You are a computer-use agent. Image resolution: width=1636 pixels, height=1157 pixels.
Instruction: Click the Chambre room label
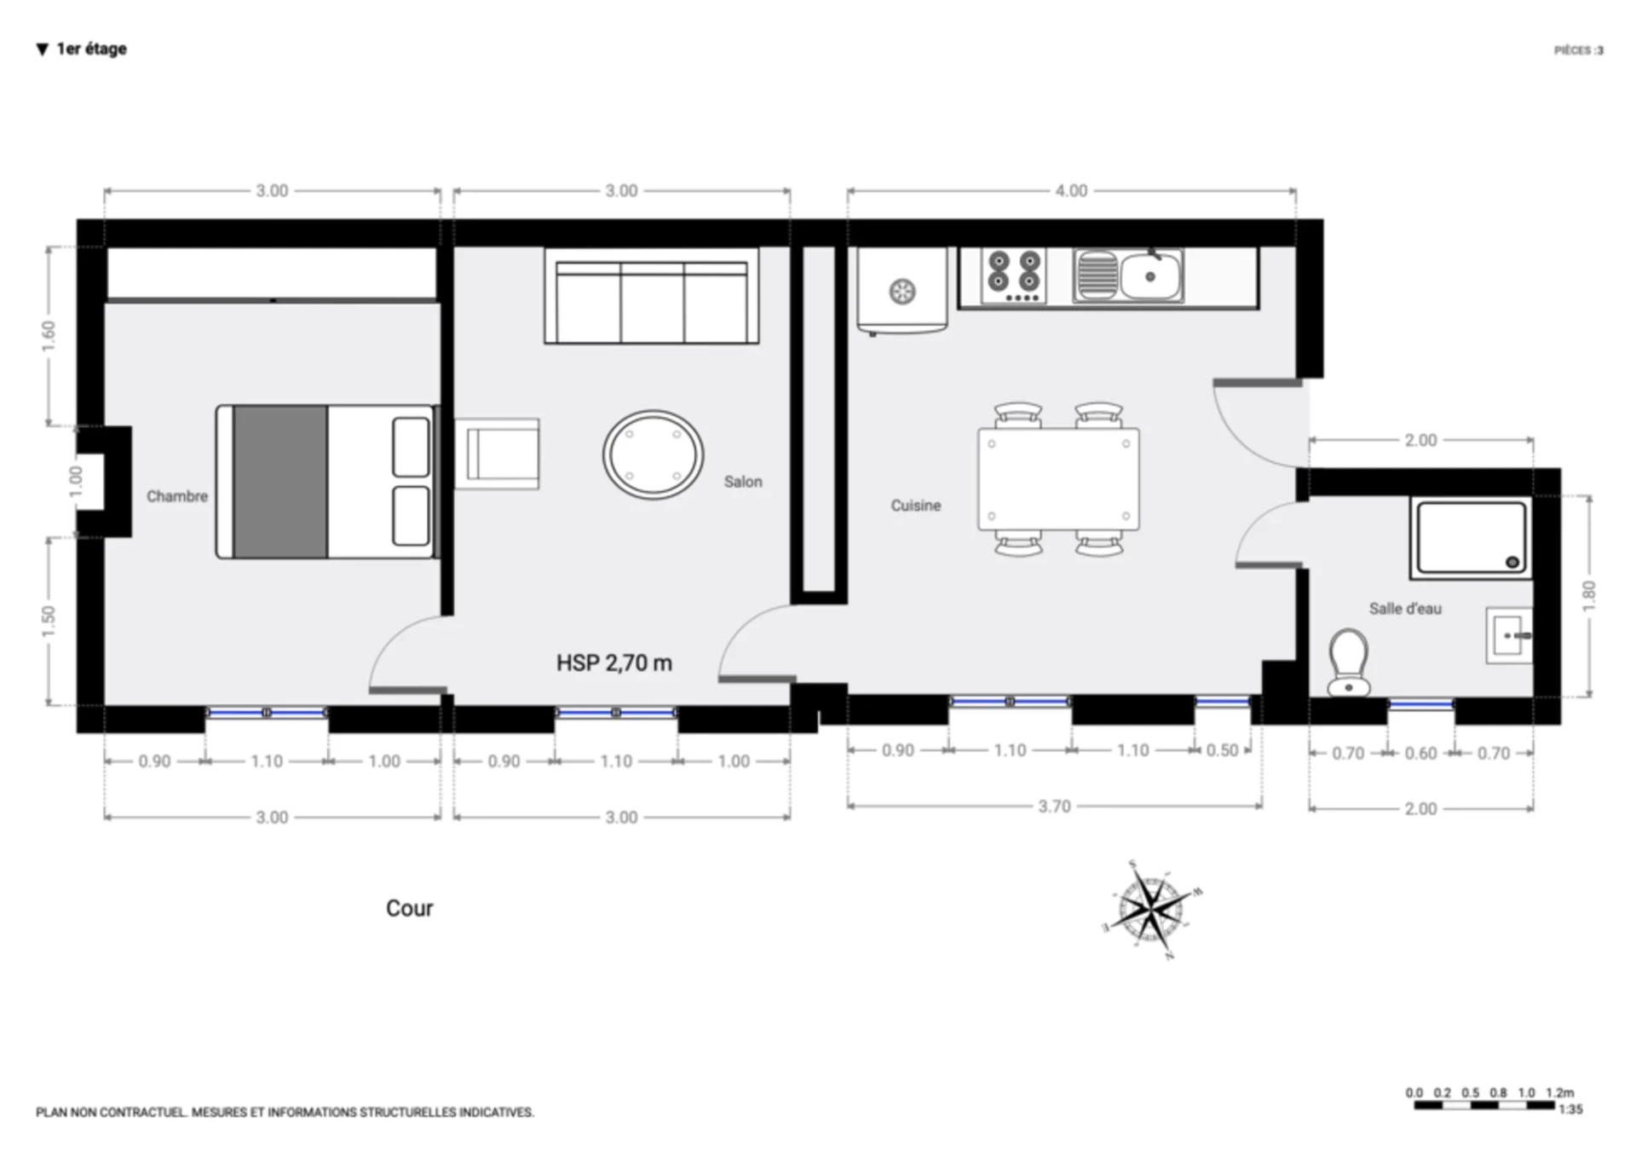click(x=176, y=496)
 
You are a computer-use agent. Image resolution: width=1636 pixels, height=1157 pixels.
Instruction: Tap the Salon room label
click(x=743, y=482)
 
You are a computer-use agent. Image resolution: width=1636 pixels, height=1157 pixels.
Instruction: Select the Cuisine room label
click(x=916, y=506)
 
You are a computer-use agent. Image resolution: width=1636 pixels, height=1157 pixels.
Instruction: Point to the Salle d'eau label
click(x=1405, y=609)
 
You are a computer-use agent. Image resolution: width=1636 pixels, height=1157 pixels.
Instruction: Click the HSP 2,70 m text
click(x=614, y=662)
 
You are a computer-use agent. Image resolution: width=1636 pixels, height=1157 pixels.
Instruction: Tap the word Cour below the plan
click(x=410, y=908)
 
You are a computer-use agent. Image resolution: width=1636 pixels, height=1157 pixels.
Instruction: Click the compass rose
click(x=1151, y=910)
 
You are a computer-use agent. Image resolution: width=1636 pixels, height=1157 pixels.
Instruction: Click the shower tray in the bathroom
click(x=1471, y=538)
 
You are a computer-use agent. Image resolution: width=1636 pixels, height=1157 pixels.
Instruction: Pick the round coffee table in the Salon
click(x=654, y=454)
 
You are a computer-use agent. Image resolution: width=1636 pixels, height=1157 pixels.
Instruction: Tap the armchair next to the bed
click(x=497, y=454)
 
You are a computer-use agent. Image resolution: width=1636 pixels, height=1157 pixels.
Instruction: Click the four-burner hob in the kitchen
click(x=1014, y=275)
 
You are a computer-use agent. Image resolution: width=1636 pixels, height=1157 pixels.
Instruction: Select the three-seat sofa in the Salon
click(x=652, y=296)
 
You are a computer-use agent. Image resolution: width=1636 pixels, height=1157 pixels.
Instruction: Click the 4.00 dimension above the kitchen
click(x=1071, y=191)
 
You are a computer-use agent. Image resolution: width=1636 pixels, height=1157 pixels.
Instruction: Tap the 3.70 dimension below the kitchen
click(x=1054, y=807)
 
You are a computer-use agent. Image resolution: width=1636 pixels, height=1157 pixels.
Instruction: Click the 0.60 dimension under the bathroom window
click(x=1420, y=754)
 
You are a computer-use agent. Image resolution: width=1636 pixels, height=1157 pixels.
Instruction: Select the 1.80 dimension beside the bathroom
click(x=1589, y=596)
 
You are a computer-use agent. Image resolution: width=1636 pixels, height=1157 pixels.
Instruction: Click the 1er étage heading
click(x=91, y=49)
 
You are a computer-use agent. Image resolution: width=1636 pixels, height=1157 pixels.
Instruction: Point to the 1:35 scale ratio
click(x=1570, y=1109)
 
